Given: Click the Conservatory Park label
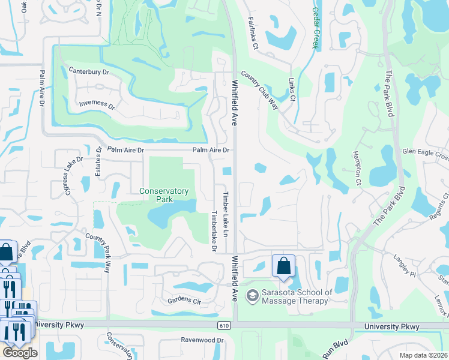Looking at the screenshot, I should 164,195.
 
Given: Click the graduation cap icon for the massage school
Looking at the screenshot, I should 253,295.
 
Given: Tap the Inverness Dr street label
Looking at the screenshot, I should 97,105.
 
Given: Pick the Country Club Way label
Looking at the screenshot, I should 260,90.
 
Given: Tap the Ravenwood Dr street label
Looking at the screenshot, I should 202,340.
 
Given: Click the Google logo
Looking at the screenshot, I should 20,352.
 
